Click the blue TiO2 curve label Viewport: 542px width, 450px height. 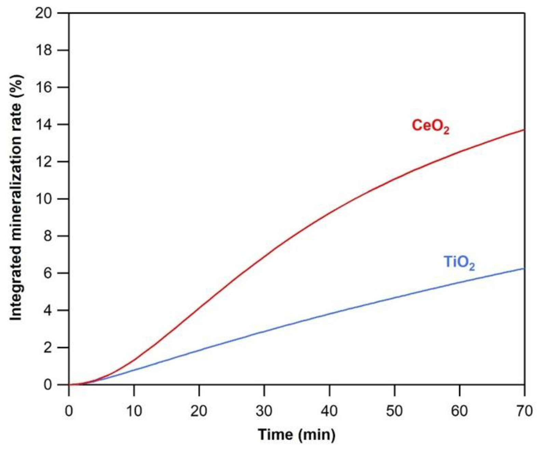click(459, 263)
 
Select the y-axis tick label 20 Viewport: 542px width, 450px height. click(44, 13)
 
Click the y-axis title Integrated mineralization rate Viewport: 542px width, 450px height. click(16, 198)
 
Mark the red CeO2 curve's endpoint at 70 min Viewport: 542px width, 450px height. click(524, 130)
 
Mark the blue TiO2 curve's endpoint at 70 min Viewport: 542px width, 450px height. click(524, 268)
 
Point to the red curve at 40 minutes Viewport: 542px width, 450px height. click(329, 213)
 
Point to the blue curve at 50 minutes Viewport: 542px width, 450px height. click(394, 297)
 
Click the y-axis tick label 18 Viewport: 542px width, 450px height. click(44, 50)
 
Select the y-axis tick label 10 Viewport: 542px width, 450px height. click(44, 199)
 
